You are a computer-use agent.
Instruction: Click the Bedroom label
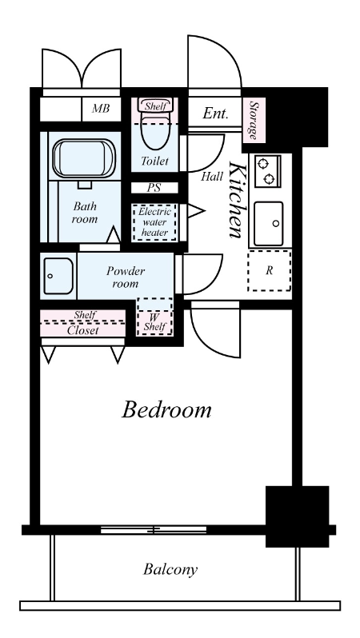[166, 409]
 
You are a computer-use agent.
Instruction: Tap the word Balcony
[170, 569]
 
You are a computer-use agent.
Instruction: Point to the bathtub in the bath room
[83, 158]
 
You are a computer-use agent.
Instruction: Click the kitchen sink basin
[268, 223]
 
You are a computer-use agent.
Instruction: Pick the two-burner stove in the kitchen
[267, 171]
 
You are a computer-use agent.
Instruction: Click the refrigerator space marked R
[269, 270]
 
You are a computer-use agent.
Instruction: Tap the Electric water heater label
[154, 222]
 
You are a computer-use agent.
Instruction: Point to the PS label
[154, 188]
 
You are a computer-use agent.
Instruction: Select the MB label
[101, 109]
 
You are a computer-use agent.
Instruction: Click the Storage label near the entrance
[254, 120]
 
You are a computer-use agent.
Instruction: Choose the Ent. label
[215, 113]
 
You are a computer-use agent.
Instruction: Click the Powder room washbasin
[58, 276]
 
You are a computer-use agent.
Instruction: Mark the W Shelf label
[154, 322]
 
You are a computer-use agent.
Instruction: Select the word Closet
[82, 330]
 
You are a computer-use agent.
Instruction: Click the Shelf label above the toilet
[155, 106]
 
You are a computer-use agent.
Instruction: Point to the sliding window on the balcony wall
[154, 530]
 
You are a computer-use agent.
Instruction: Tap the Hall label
[212, 176]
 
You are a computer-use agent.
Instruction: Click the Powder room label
[126, 277]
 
